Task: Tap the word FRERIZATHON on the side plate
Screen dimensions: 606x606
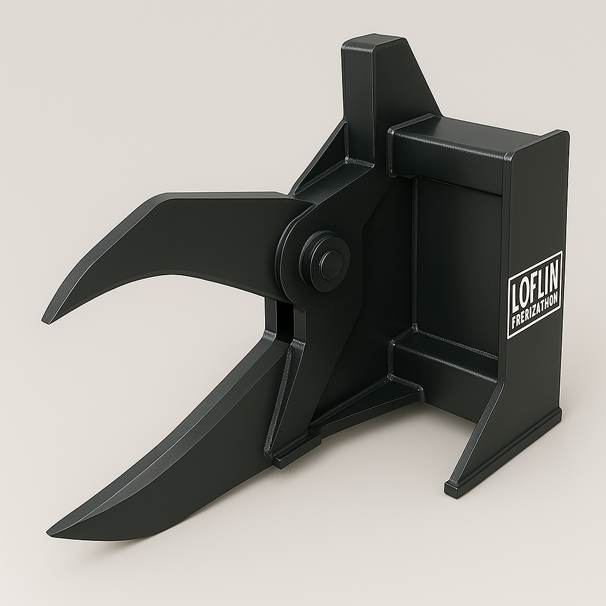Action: click(535, 312)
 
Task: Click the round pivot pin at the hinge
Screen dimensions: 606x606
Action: click(325, 260)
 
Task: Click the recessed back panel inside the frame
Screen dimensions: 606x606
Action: click(456, 260)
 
